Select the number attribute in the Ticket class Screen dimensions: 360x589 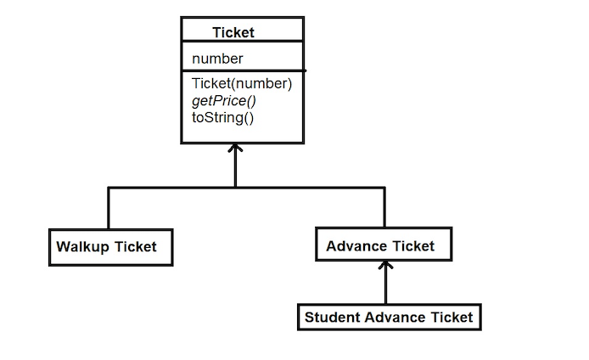(217, 59)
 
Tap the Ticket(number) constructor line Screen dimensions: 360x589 (242, 83)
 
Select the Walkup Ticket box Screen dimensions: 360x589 (110, 247)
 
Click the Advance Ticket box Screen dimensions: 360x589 (383, 245)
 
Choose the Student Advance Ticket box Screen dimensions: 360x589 (389, 318)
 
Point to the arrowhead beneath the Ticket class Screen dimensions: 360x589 (236, 149)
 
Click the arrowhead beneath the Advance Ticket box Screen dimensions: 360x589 (386, 266)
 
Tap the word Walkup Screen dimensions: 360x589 (83, 247)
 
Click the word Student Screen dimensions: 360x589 (332, 318)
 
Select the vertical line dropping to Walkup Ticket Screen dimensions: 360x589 (109, 208)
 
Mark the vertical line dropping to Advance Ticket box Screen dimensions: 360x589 (384, 206)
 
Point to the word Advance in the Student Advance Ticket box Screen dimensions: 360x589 (397, 318)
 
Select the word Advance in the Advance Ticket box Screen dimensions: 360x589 (355, 246)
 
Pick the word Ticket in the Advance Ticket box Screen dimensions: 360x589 (413, 246)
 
